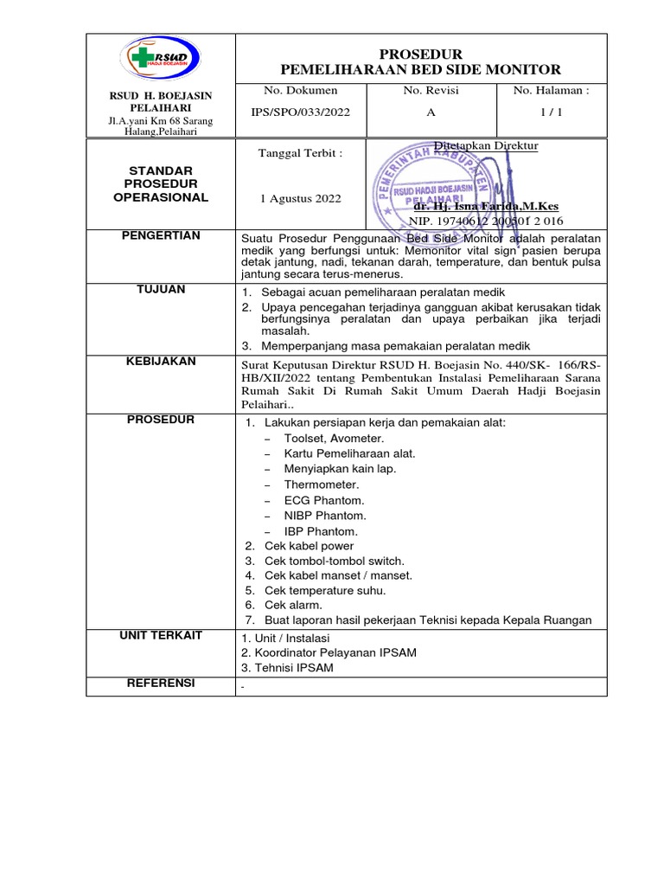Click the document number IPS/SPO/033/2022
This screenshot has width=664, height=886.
[288, 112]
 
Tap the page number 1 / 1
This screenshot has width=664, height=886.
[551, 112]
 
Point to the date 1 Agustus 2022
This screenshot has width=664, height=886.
[300, 198]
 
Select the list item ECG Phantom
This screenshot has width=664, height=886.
[324, 500]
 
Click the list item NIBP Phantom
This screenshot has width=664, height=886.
[325, 516]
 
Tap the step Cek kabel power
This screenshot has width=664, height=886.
[309, 546]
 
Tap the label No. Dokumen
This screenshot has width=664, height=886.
[288, 90]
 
